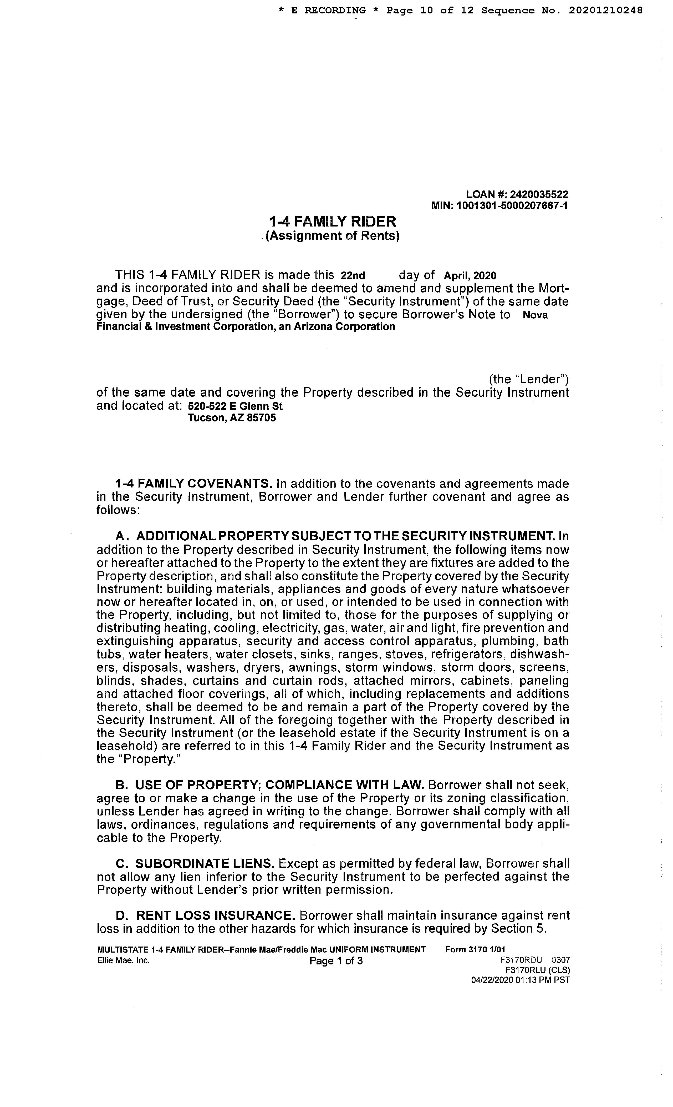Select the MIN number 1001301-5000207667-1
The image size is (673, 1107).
coord(512,206)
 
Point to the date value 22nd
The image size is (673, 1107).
coord(353,275)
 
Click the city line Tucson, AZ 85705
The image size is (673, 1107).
coord(232,418)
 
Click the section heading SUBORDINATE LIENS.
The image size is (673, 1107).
coord(205,863)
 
